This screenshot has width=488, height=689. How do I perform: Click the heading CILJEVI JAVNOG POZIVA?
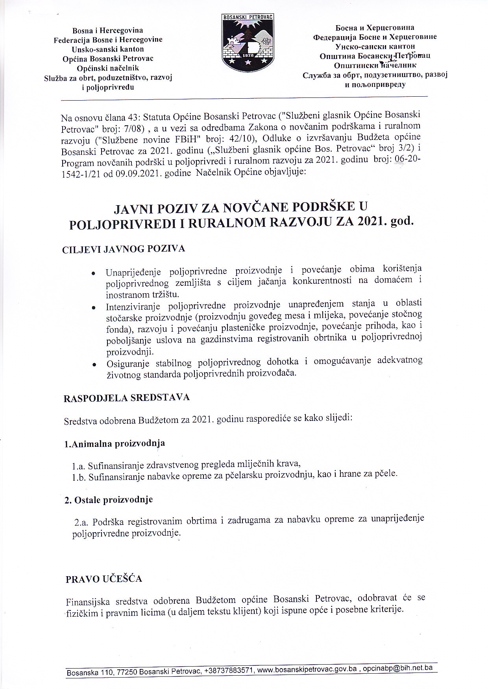(124, 249)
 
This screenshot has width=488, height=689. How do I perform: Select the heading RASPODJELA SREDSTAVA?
(126, 398)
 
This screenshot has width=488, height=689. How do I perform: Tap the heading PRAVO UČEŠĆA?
(104, 579)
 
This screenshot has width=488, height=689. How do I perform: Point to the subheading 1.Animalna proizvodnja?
(115, 444)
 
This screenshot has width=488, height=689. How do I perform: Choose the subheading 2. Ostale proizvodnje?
(109, 500)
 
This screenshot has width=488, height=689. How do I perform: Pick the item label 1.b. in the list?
(79, 478)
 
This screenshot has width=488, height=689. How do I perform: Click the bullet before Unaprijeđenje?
(93, 273)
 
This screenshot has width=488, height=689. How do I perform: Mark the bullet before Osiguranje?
(94, 365)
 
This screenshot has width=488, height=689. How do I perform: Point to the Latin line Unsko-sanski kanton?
(108, 49)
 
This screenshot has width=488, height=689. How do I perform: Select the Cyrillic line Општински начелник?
(375, 65)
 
